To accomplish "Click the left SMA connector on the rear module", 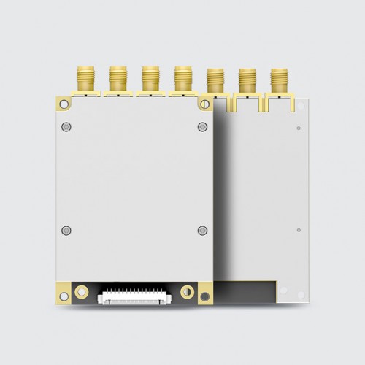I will [215, 82].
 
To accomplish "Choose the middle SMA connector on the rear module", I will [246, 82].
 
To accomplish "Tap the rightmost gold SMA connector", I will [278, 82].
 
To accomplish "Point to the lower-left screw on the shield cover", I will [68, 231].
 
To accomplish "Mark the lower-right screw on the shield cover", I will [202, 231].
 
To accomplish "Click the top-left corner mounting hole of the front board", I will [61, 101].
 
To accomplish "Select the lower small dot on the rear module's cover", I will [298, 231].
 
